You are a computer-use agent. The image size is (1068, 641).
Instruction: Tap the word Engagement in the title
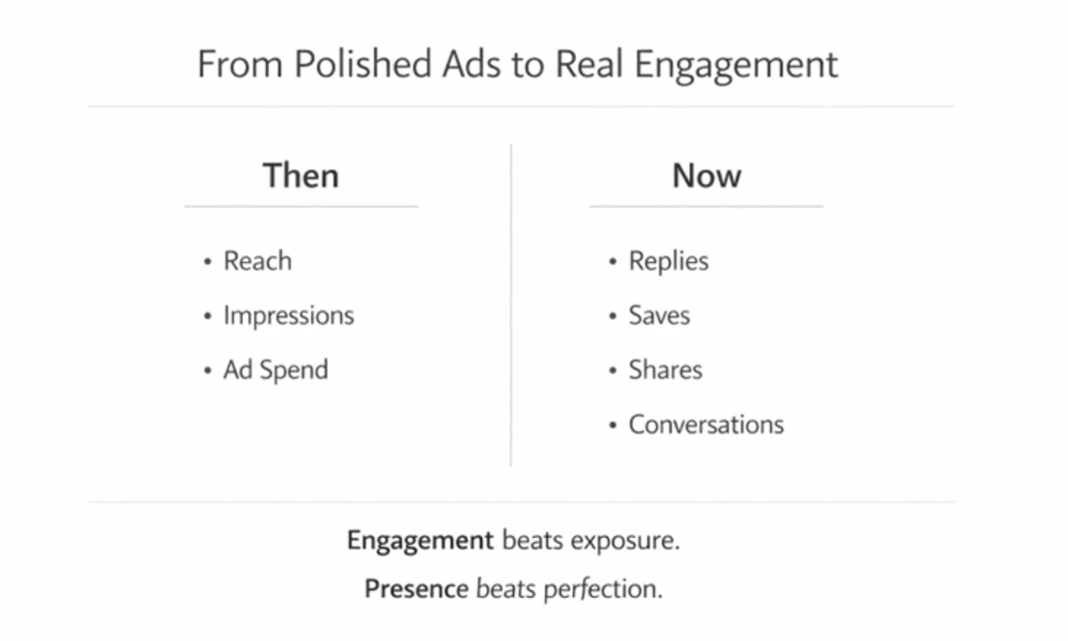click(736, 65)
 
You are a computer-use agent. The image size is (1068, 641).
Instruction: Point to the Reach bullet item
click(257, 261)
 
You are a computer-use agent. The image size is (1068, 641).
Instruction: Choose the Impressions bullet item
click(288, 315)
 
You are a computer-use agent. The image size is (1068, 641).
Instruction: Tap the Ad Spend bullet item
click(276, 370)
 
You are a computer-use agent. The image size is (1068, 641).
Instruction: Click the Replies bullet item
click(668, 261)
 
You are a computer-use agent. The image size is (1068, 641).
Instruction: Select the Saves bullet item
click(659, 315)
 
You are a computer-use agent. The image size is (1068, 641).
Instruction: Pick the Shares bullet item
click(665, 370)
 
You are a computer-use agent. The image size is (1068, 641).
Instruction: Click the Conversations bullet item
click(706, 424)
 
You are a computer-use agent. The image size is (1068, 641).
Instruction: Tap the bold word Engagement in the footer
click(420, 540)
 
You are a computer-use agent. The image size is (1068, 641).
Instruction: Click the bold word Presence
click(416, 589)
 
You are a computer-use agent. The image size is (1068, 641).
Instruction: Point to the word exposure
click(625, 540)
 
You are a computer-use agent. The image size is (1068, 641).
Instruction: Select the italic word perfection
click(603, 589)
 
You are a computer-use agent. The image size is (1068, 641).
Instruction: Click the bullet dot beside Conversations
click(613, 425)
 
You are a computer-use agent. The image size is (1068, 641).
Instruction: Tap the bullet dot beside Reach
click(208, 262)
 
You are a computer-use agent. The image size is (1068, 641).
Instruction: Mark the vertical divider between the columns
click(511, 303)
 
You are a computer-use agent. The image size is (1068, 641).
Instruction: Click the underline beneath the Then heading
click(301, 207)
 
